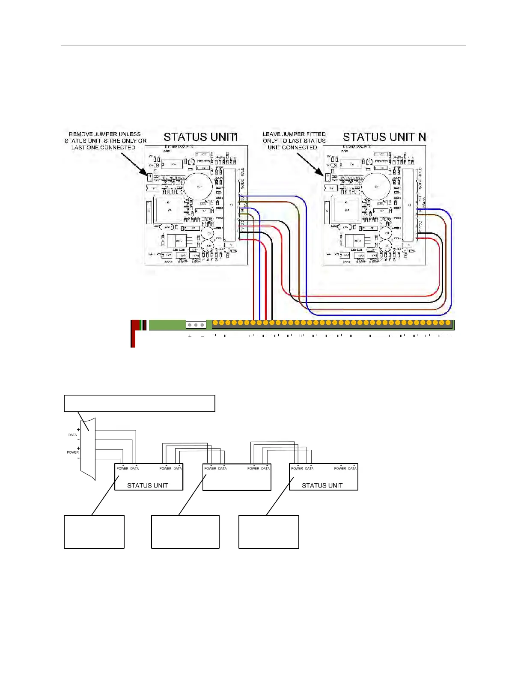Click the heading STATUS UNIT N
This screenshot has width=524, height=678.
[384, 137]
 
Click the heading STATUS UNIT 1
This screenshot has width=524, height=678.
[200, 137]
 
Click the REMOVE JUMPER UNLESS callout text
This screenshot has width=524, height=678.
[105, 141]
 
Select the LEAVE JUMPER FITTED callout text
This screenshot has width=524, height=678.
[294, 141]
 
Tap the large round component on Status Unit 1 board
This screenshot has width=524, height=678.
[198, 186]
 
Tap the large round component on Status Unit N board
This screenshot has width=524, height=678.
[376, 186]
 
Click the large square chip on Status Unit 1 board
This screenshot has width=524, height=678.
[169, 210]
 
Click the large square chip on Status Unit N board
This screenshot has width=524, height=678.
[347, 210]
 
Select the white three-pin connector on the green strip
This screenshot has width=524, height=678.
[196, 325]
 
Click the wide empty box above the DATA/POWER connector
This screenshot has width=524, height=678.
[139, 404]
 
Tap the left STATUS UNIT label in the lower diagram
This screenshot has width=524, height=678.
[147, 485]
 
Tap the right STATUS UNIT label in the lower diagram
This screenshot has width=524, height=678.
[322, 485]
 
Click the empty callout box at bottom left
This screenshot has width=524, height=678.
[94, 532]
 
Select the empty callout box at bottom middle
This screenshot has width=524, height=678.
[185, 532]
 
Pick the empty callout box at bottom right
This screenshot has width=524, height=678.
[269, 532]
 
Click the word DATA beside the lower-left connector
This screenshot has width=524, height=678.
[72, 435]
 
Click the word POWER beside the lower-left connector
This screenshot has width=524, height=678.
[72, 452]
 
